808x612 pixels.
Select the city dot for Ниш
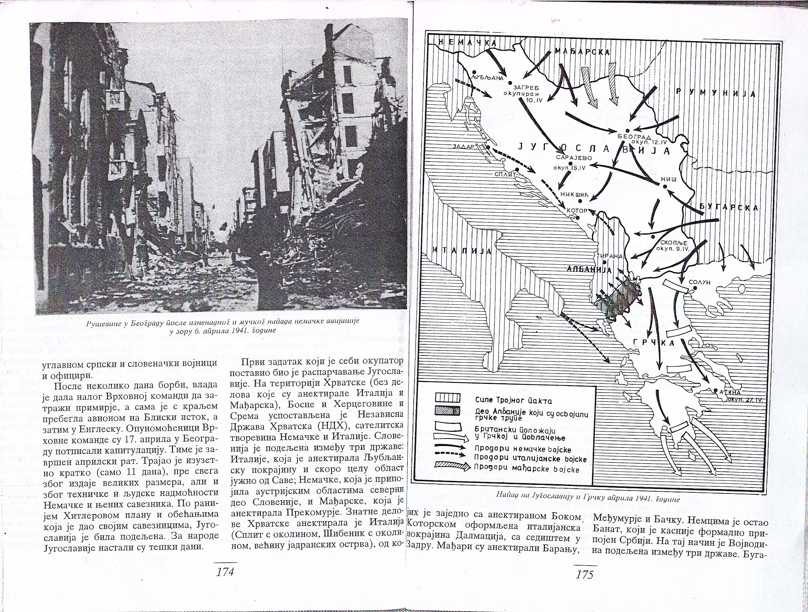tap(665, 186)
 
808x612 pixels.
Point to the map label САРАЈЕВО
tap(571, 157)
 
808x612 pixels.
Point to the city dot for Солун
tap(695, 288)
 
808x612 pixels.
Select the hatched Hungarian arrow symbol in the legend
tap(450, 467)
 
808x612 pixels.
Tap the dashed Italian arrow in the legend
tap(450, 456)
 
